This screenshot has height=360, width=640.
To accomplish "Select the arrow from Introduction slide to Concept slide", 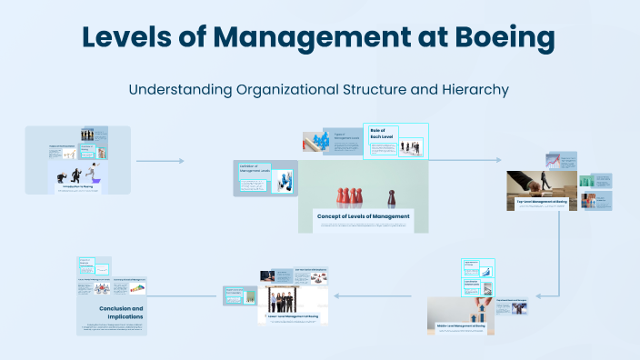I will tap(159, 161).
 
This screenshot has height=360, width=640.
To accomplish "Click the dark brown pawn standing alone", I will tap(392, 196).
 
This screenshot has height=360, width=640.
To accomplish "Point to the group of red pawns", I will tap(349, 195).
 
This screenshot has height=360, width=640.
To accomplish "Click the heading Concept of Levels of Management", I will tap(363, 216).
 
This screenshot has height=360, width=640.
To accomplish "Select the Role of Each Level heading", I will tap(378, 133).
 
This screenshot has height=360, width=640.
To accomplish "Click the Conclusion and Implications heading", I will tap(122, 313).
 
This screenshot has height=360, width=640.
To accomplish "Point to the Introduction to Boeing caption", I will tap(79, 186).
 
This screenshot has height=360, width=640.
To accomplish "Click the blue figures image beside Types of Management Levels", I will tap(320, 140).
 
